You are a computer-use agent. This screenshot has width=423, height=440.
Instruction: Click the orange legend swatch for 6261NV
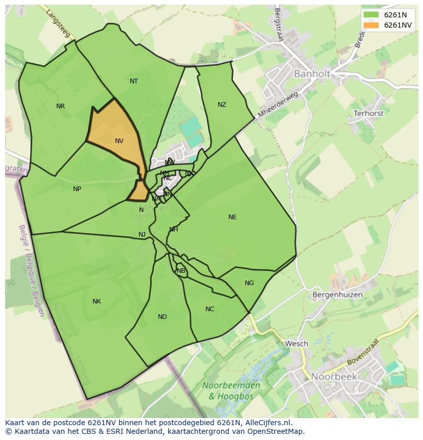pos(371,25)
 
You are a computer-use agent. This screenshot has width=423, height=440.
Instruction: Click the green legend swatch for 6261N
pos(371,15)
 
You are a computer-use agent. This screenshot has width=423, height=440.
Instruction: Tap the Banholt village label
pos(311,74)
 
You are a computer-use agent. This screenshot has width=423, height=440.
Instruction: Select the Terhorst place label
pos(368,113)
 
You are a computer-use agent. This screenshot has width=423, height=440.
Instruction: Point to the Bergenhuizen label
pos(337,295)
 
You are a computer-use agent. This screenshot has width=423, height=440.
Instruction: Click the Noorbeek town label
pos(334,377)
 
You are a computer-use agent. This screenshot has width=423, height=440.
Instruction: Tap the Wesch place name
pos(296,343)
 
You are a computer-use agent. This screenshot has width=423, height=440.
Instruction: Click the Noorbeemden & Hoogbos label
pos(231,390)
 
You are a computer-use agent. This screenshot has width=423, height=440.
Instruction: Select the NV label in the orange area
pos(119,141)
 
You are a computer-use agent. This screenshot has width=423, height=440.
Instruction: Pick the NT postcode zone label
pos(134,81)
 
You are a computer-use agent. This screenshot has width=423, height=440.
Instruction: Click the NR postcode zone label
pos(61,106)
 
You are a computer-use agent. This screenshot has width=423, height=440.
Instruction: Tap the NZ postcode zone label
pos(222,105)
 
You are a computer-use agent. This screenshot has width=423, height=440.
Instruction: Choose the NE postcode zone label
pos(232,217)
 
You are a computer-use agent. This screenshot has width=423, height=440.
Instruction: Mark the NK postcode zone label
pos(97,302)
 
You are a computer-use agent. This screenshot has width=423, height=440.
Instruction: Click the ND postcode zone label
pos(162,317)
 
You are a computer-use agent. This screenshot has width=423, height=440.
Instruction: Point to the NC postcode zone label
pos(209,309)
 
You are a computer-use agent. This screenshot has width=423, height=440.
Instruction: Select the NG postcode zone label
pos(249,283)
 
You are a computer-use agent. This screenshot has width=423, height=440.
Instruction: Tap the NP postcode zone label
pos(77,189)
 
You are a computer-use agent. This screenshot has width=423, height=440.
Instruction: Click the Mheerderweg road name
pos(278,105)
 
